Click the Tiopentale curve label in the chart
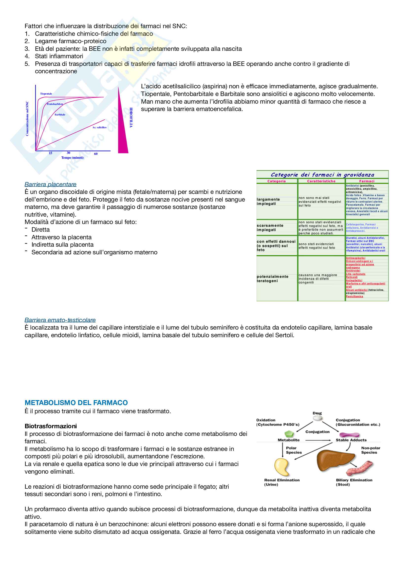point(46,94)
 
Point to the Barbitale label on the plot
point(60,115)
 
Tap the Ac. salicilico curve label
point(99,127)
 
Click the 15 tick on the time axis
point(51,153)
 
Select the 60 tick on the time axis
point(96,154)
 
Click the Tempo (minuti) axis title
point(72,158)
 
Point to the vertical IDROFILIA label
point(131,118)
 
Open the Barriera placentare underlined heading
point(51,184)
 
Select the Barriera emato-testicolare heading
point(60,320)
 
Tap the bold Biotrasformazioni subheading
point(51,426)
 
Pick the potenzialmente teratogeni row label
point(272,279)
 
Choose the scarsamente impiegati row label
point(270,227)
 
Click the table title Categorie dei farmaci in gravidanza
point(322,175)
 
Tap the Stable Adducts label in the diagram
point(351,440)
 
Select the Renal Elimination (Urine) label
point(282,482)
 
